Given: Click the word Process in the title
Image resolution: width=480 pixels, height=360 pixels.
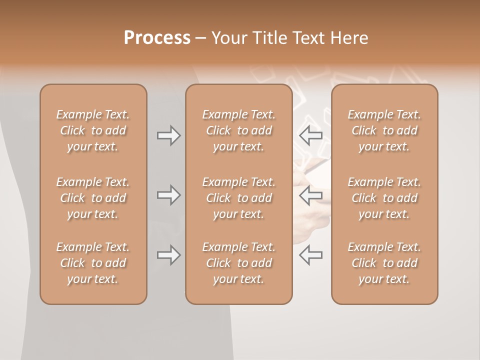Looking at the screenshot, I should coord(157,38).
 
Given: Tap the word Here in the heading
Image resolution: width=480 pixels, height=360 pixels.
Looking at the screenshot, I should coord(349,38).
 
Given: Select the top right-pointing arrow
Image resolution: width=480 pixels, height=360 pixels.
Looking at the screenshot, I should coord(168,135).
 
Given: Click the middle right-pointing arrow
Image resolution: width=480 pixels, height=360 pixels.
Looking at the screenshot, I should coord(168,195).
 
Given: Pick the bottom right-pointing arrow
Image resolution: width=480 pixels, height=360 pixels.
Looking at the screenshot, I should coord(168,255).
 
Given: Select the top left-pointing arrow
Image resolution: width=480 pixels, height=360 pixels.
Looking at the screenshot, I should coord(310,135).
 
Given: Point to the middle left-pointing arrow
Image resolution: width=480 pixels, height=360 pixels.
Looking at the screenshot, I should coord(310,195).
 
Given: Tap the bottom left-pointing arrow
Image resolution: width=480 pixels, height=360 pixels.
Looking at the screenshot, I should coord(310,255).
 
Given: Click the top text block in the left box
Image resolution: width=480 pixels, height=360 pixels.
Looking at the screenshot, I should coord(93,130).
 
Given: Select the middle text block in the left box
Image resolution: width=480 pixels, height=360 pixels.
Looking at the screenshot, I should coord(93,198).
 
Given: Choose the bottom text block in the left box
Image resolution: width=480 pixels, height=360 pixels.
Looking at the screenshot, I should coord(93,263).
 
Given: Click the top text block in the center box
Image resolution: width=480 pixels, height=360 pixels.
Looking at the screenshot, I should coord(238,130).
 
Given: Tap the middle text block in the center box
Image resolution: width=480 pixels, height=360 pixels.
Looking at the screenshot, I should coord(238,198).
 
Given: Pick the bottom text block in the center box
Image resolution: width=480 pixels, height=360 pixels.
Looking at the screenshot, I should coord(238,263).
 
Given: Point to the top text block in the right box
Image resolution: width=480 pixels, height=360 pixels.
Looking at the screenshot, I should coord(384,130).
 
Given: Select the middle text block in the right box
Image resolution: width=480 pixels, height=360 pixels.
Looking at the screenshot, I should coord(384,198).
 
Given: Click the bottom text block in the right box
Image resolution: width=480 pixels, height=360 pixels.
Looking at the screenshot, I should coord(384,263).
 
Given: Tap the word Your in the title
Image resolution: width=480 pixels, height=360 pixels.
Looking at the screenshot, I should coord(228,38).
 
